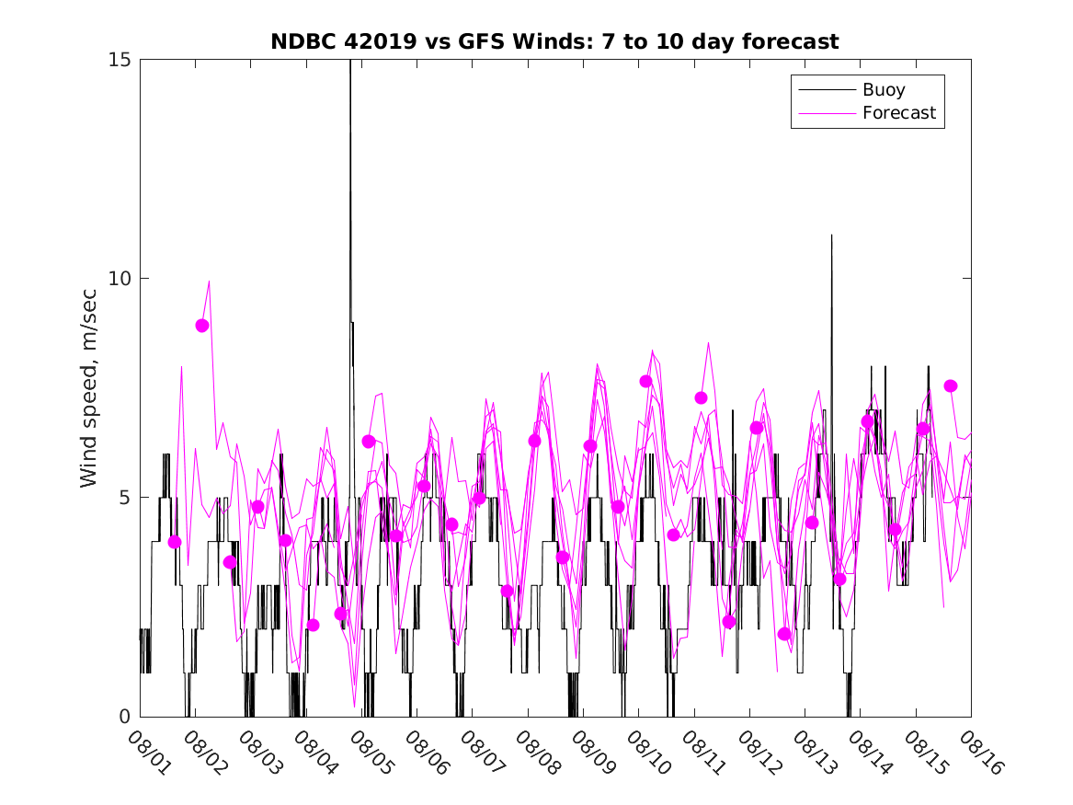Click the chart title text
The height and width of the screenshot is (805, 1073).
[554, 42]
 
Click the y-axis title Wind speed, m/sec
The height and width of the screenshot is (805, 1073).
[89, 388]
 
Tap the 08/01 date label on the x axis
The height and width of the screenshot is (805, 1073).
[149, 751]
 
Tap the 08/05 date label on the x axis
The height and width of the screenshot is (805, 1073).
[371, 751]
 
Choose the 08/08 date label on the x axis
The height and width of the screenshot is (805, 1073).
[537, 751]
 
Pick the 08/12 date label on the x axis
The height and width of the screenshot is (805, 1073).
[759, 751]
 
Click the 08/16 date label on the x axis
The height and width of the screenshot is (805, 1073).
[980, 751]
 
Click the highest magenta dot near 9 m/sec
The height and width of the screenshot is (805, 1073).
[202, 326]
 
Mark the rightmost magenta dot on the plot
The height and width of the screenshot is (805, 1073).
[951, 386]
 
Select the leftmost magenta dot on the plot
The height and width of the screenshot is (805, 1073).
[175, 542]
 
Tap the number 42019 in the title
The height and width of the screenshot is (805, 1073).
[374, 42]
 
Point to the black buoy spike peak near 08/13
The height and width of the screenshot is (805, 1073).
[832, 236]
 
